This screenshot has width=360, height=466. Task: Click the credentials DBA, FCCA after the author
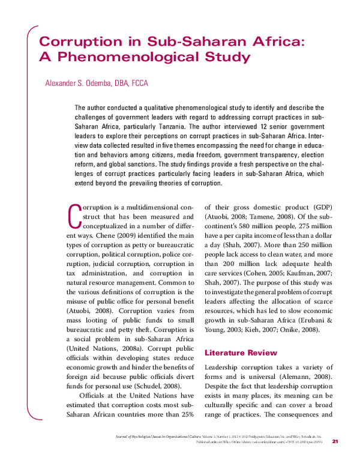click(x=130, y=83)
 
